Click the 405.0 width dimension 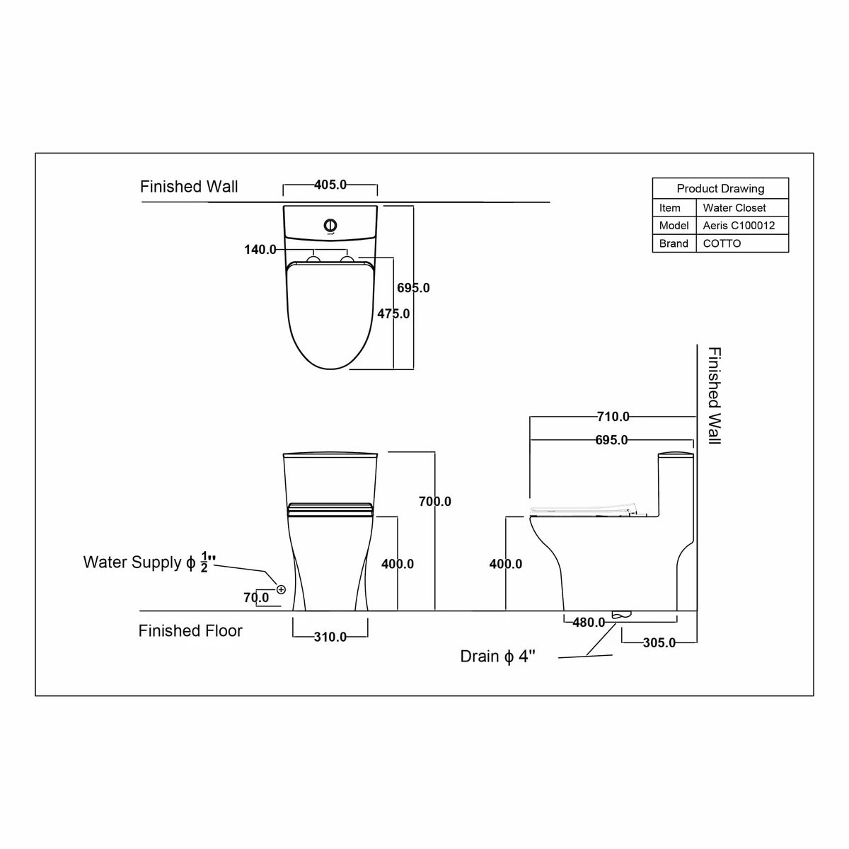pos(330,185)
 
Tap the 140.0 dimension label pos(260,249)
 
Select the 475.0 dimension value pos(393,313)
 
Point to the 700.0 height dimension pos(435,502)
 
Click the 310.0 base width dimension pos(330,637)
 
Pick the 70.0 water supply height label pos(256,597)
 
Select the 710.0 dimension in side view pos(613,416)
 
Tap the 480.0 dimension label pos(589,622)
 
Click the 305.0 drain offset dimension pos(659,642)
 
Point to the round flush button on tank pos(330,225)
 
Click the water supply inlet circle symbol pos(281,589)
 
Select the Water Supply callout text pos(149,562)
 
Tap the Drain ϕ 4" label pos(497,657)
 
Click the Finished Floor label pos(190,631)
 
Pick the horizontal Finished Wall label pos(189,187)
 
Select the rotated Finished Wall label pos(715,395)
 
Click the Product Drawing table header pos(720,189)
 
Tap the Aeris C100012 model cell pos(739,226)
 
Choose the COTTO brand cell pos(722,243)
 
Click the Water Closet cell pos(734,207)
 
